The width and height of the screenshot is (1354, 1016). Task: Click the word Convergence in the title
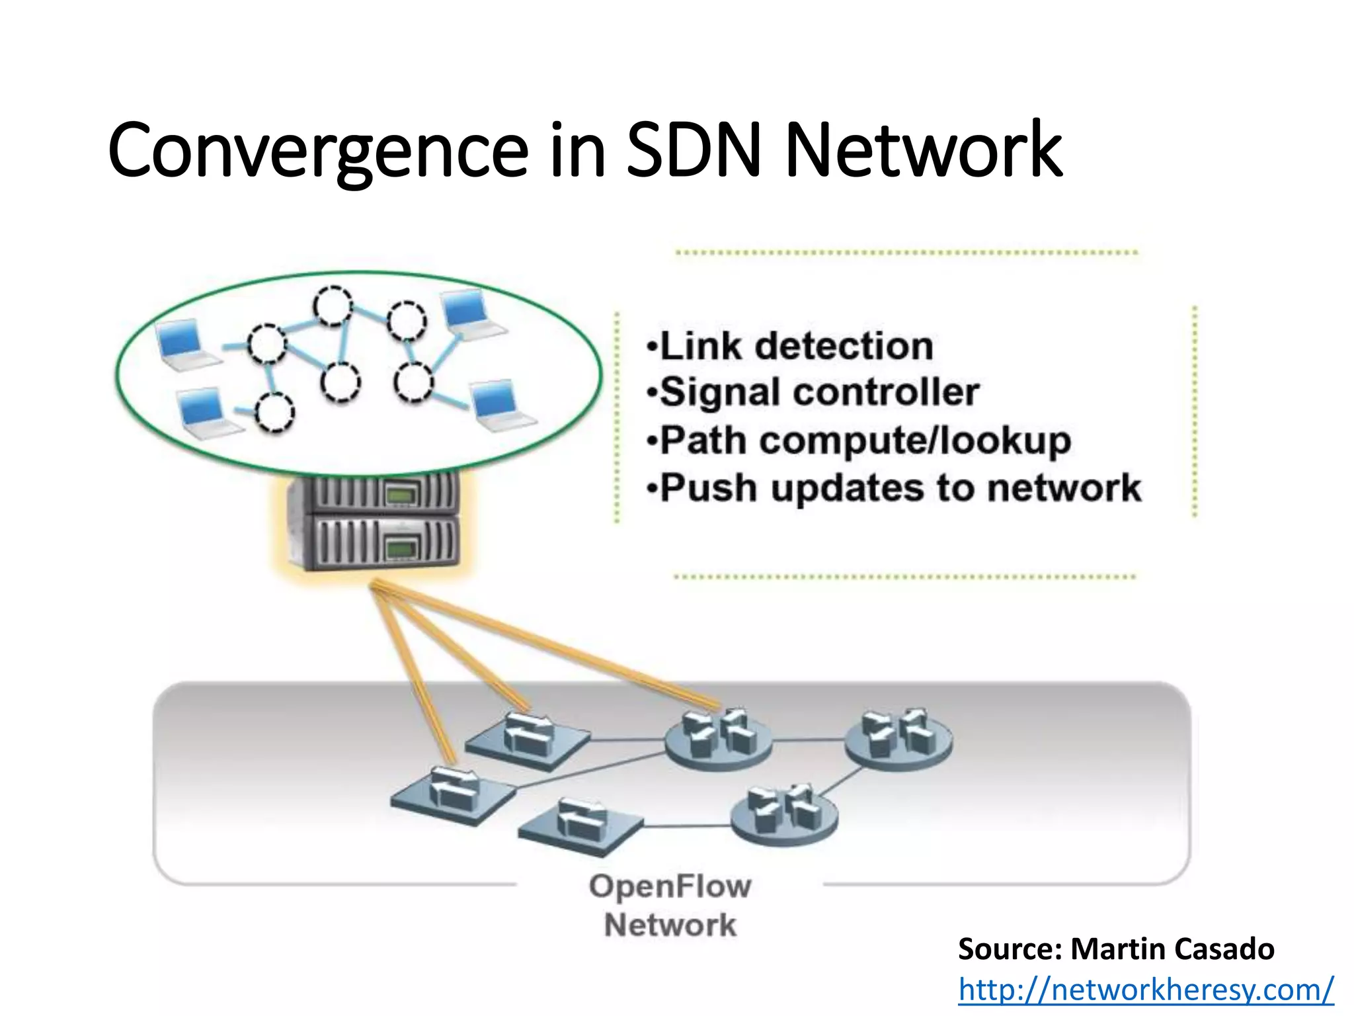tap(317, 151)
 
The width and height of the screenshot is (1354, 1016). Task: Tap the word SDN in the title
tap(694, 151)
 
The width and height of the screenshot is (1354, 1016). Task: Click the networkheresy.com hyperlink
tap(1146, 990)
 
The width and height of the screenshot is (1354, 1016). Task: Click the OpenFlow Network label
tap(670, 905)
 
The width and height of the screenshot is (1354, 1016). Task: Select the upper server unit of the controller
tap(374, 493)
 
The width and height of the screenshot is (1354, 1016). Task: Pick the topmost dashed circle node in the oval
tap(333, 306)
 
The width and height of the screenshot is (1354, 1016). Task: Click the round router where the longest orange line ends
tap(719, 738)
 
